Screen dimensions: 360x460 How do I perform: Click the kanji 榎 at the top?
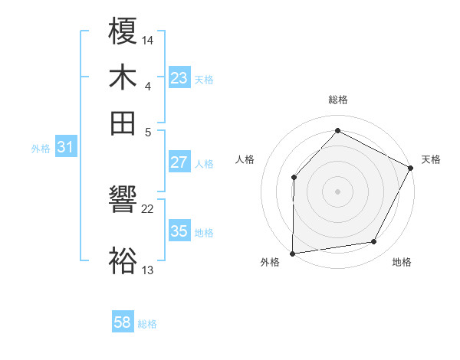(123, 33)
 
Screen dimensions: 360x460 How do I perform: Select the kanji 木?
(123, 78)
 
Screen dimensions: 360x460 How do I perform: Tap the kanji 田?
(123, 123)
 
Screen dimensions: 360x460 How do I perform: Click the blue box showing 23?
(179, 78)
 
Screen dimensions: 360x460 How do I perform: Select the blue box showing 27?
(179, 162)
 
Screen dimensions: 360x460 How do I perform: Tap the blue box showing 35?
(179, 231)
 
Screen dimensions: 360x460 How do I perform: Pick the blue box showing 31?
(65, 148)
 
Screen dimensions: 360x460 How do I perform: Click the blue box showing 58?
(123, 322)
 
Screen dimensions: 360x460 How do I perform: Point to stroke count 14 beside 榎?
(148, 38)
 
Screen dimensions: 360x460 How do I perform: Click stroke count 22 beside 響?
(148, 208)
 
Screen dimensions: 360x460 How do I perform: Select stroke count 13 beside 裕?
(148, 269)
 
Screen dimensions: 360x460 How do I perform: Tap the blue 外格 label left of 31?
(40, 149)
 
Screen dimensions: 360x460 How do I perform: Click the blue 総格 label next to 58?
(146, 324)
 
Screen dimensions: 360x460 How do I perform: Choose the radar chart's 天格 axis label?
(431, 159)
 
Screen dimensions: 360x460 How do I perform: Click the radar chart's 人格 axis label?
(245, 159)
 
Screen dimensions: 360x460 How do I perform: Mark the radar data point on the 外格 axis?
(292, 253)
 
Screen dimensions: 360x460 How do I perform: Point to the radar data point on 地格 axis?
(374, 242)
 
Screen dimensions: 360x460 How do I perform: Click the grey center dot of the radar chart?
(337, 191)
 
